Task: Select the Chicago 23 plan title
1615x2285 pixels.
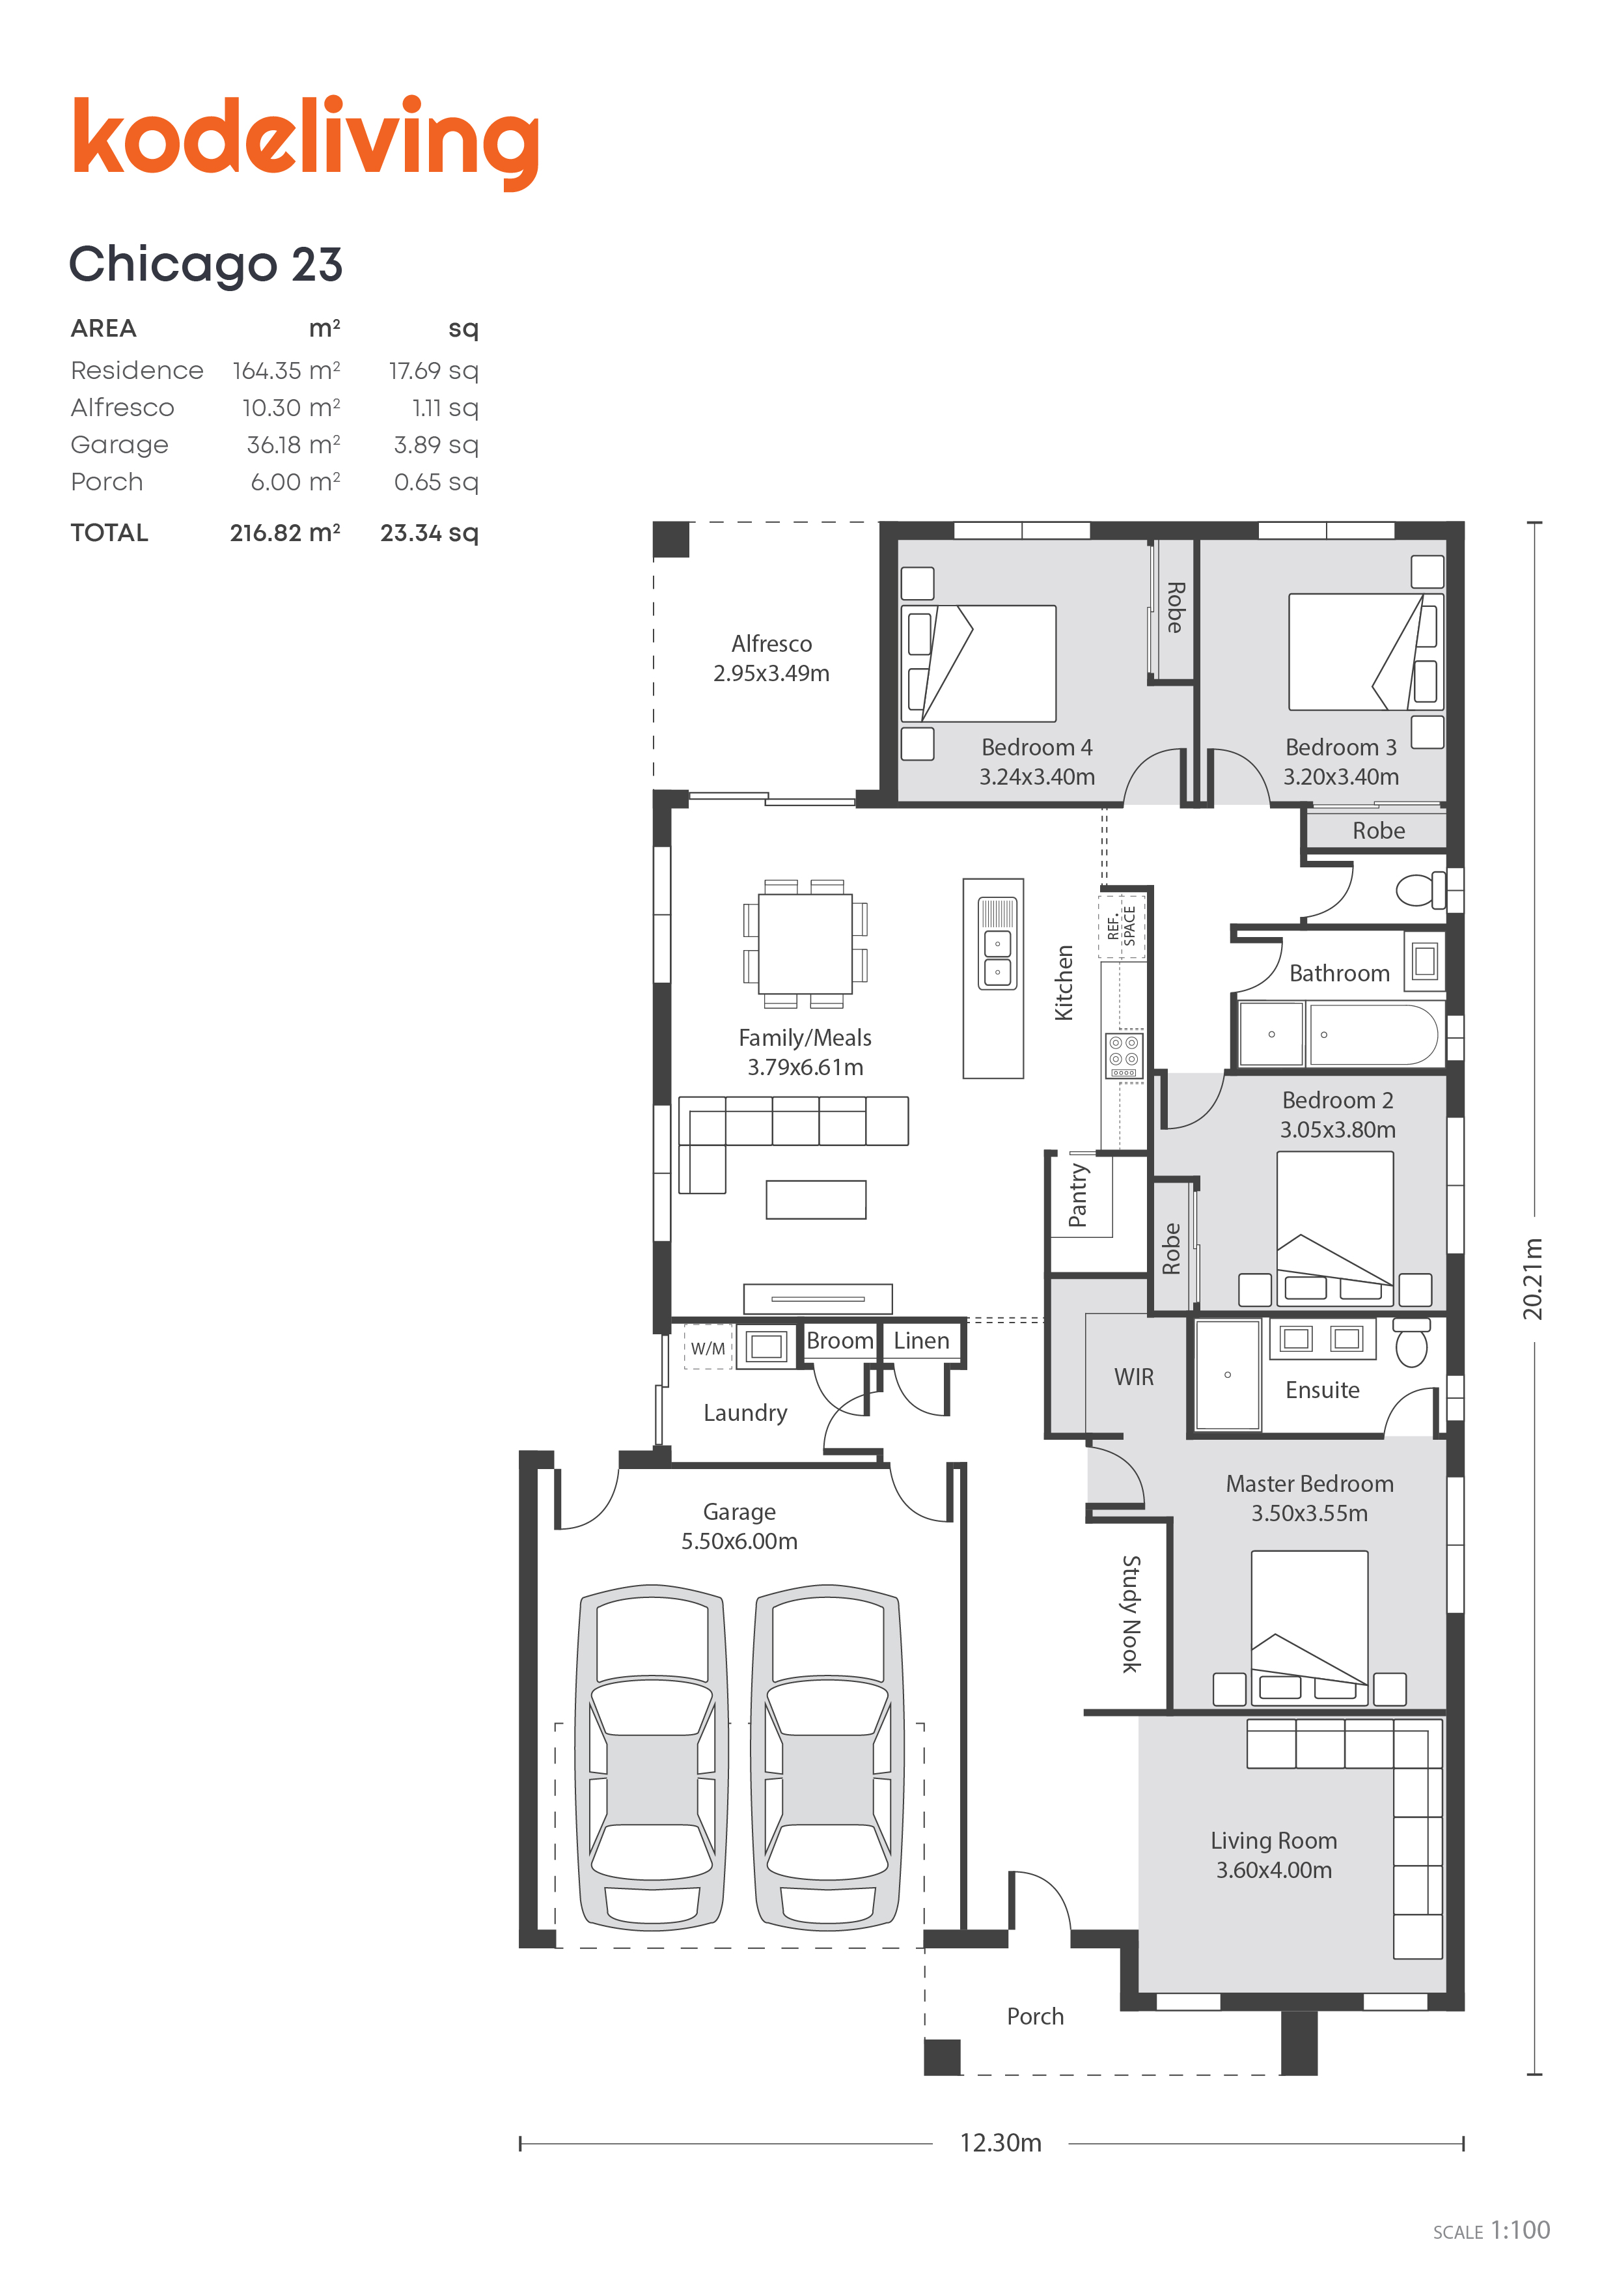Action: (x=206, y=265)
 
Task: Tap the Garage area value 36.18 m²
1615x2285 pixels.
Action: (x=294, y=444)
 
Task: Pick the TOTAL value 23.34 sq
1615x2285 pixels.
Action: (x=429, y=533)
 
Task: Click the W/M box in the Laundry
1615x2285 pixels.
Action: (x=708, y=1347)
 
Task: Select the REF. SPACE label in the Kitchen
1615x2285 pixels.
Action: (x=1122, y=925)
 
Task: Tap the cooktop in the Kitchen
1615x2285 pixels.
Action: (x=1124, y=1055)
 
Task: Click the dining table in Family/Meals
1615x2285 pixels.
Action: (x=805, y=944)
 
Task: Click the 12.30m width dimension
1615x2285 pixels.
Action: (x=1000, y=2142)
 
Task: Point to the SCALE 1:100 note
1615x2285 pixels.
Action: (x=1491, y=2230)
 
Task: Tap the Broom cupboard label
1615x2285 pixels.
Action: (x=840, y=1341)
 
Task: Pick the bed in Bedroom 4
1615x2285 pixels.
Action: (x=978, y=664)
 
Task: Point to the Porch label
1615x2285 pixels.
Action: (x=1035, y=2016)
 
